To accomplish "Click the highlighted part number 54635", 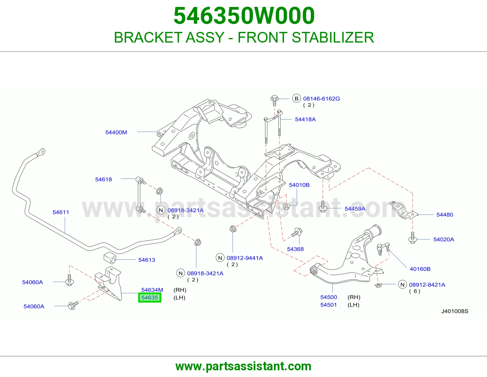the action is (149, 298).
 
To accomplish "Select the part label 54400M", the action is (116, 132).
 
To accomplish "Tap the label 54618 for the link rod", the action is (103, 179).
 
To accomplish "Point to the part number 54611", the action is (61, 212).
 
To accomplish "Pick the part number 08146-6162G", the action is (321, 99).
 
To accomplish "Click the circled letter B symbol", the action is (296, 98).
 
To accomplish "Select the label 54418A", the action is (305, 119).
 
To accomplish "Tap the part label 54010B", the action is (299, 185).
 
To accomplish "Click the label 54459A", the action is (355, 209).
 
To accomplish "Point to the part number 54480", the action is (445, 215).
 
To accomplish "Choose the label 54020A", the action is (444, 239).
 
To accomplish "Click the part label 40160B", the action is (420, 269).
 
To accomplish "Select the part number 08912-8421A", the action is (427, 285).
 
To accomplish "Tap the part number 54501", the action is (328, 305).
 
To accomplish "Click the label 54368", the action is (295, 249).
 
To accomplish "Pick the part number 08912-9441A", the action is (245, 258).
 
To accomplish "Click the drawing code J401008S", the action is (455, 311).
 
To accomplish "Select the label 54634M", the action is (152, 290).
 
